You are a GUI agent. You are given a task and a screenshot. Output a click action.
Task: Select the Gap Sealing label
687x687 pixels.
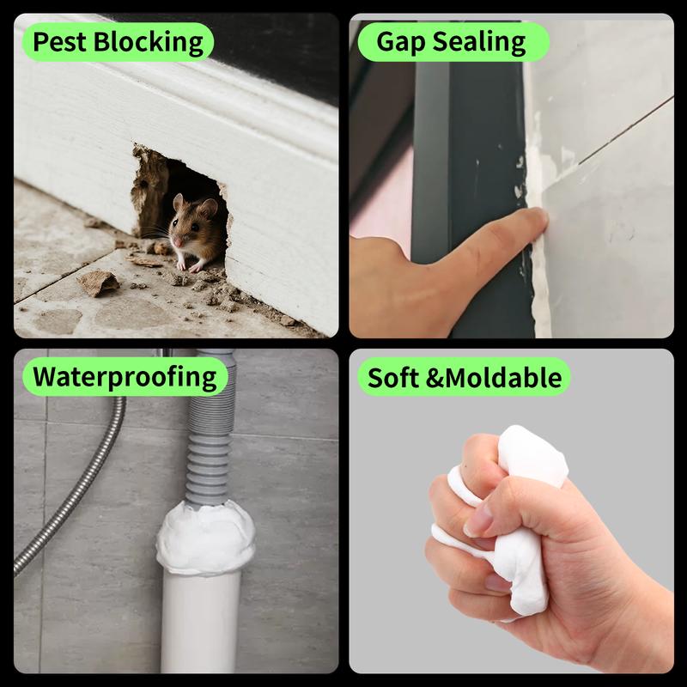[x=451, y=41]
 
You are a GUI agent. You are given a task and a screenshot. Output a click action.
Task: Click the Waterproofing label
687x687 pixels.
[x=124, y=376]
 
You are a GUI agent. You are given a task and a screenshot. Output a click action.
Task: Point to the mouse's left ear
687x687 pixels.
[x=209, y=207]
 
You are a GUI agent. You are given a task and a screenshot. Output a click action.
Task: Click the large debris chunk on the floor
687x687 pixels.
[x=97, y=282]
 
